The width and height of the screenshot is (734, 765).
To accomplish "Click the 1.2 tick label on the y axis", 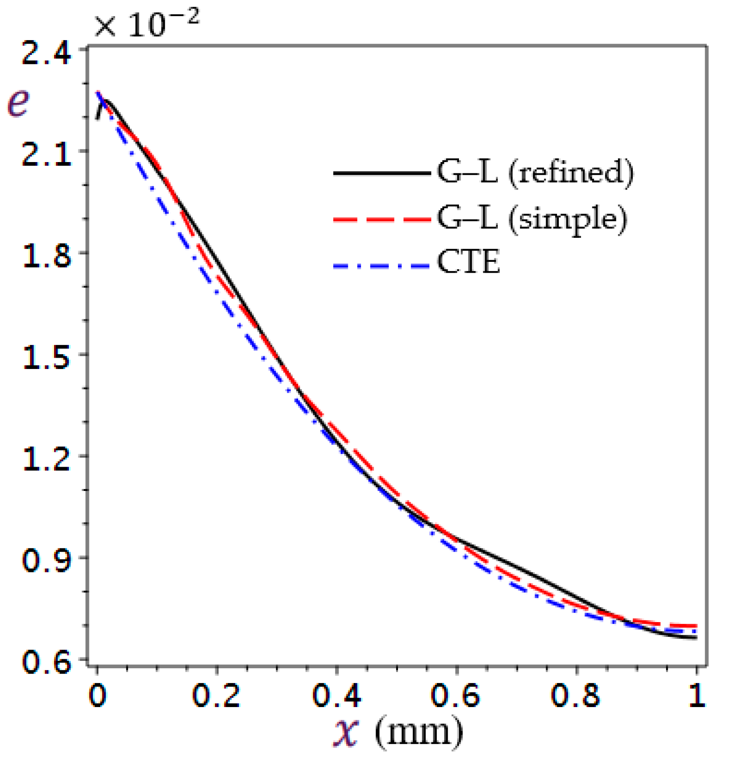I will pos(46,460).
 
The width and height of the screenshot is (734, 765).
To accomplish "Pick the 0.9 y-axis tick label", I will pos(46,561).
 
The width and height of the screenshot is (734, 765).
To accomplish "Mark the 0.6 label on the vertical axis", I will pos(46,663).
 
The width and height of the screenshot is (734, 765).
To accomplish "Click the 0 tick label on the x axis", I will pos(97,696).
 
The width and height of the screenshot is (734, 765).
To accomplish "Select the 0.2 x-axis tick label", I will pos(217,696).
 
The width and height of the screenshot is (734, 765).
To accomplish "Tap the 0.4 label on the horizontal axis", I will pos(336,696).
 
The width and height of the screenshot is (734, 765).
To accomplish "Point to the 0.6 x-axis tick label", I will pos(456,696).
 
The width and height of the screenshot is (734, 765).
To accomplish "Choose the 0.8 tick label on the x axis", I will pos(576,696).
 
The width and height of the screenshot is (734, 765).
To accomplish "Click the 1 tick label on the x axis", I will pos(697,696).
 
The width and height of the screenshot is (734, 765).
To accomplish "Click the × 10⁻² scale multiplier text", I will pos(147,24).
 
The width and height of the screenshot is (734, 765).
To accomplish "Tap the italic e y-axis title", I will pos(19,103).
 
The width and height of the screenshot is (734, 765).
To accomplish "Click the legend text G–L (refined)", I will pos(535,173).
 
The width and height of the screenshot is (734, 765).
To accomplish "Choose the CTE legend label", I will pos(469,263).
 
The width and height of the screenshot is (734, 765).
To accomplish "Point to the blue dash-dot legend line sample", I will pos(381,265).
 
